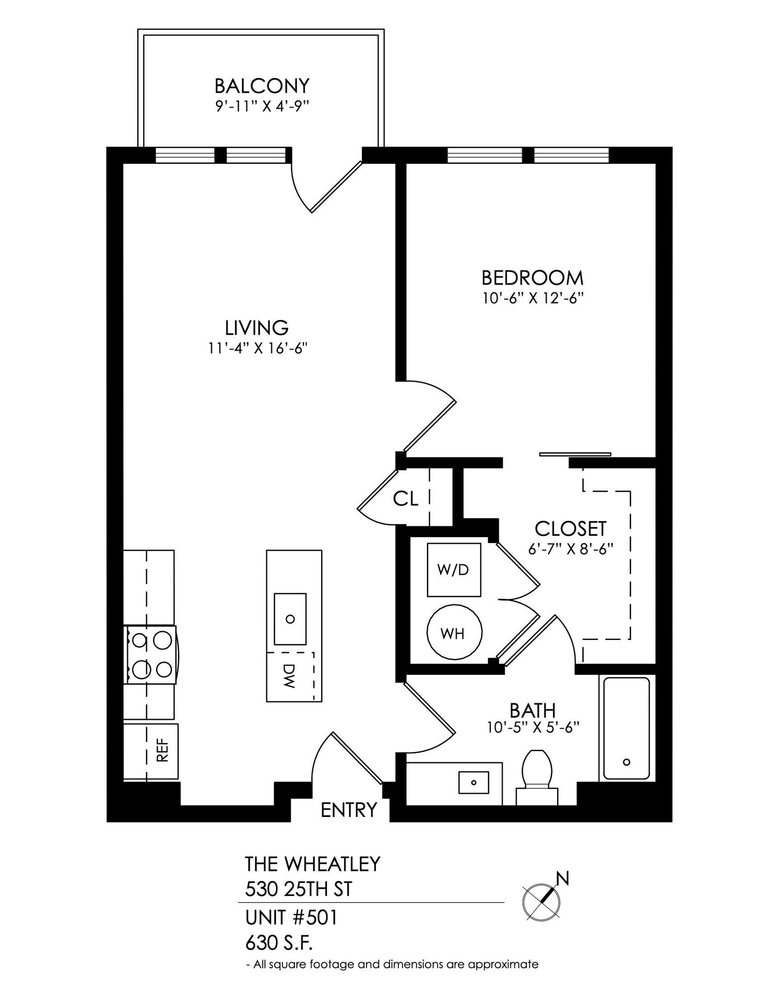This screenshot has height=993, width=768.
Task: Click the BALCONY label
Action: tap(261, 86)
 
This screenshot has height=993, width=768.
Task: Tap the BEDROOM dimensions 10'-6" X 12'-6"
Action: tap(532, 298)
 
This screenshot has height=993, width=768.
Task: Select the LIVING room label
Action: tap(257, 328)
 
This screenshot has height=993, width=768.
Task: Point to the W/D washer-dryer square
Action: tap(454, 570)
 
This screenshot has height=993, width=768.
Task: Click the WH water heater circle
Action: tap(454, 632)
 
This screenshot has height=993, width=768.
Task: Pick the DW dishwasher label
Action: tap(289, 676)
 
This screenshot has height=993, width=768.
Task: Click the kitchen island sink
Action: tap(290, 619)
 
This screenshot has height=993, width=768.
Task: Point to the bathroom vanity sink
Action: tap(474, 782)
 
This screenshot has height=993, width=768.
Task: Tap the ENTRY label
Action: tap(349, 810)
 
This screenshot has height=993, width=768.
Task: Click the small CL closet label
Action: tap(406, 498)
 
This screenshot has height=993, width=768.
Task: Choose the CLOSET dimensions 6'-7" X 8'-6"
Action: tap(571, 549)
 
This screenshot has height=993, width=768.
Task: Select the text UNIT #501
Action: tap(291, 917)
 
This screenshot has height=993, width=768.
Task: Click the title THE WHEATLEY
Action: tap(312, 864)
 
